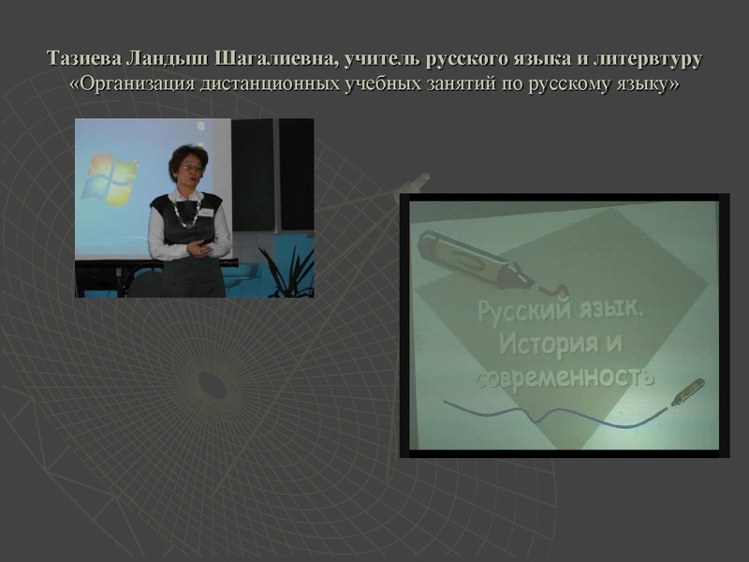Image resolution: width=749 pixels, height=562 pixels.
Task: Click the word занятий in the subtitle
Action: click(458, 84)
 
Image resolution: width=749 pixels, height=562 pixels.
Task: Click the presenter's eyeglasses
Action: click(191, 170)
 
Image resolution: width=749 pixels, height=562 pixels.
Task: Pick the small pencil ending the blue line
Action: click(687, 392)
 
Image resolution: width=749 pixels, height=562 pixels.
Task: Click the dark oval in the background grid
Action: click(214, 383)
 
